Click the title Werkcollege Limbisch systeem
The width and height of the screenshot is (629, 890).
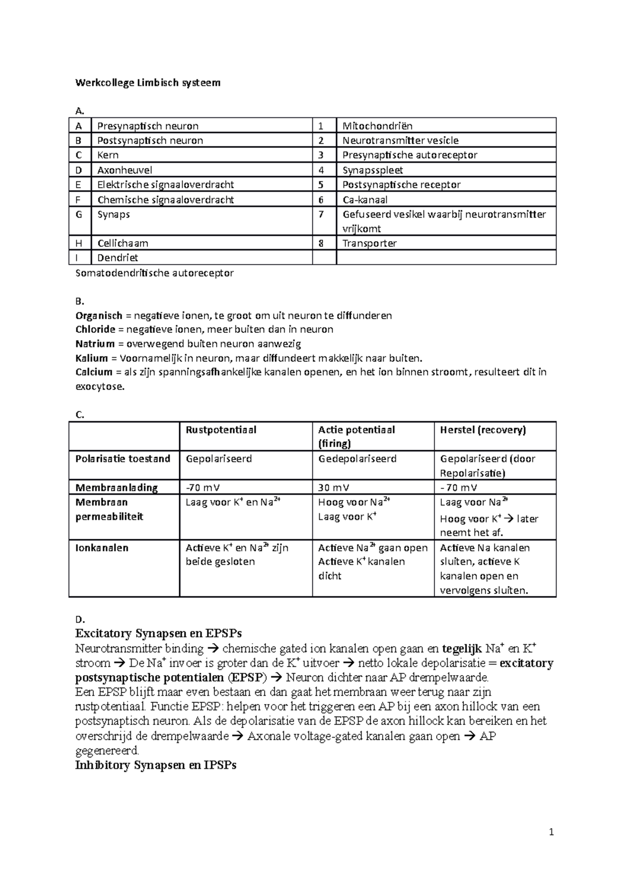(x=148, y=82)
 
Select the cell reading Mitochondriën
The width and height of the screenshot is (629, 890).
(x=377, y=126)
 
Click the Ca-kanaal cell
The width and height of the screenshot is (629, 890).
(x=365, y=200)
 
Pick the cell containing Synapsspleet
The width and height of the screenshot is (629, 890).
(x=373, y=170)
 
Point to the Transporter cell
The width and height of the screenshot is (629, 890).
(x=370, y=243)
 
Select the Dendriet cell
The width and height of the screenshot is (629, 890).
(x=118, y=257)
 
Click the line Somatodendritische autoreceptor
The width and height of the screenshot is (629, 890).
(x=155, y=273)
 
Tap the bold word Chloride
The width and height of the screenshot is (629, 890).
(x=95, y=330)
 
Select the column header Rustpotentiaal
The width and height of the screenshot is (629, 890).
(x=221, y=430)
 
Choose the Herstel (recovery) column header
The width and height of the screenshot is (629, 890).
(x=483, y=430)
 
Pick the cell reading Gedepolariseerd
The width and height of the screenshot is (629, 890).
(x=357, y=459)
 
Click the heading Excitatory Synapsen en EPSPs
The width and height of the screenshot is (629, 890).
(x=158, y=633)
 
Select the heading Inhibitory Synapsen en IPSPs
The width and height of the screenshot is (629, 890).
(x=156, y=765)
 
